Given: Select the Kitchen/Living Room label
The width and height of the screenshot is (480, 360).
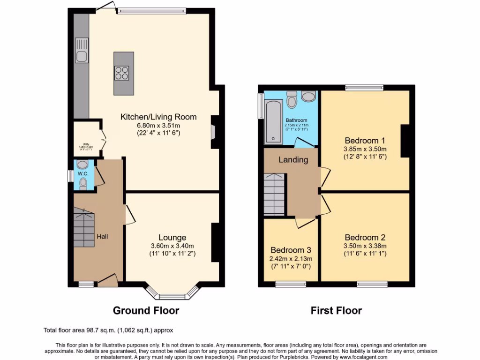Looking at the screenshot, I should [x=158, y=117].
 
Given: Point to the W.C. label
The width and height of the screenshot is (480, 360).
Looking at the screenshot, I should [x=83, y=173].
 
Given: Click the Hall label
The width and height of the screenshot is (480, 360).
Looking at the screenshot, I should [x=102, y=236].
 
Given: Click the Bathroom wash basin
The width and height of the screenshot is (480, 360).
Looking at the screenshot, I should [x=308, y=97].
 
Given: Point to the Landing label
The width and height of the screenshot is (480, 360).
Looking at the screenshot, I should [x=293, y=160].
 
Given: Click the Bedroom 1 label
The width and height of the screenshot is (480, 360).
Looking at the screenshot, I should [x=365, y=140].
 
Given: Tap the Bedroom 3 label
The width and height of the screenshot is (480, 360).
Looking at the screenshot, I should [x=291, y=250].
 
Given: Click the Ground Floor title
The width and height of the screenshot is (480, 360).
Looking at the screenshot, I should [x=146, y=310].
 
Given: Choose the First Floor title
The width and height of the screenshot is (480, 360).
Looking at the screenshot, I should [x=336, y=310].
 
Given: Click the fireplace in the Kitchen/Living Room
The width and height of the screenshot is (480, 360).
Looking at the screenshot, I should [x=214, y=127].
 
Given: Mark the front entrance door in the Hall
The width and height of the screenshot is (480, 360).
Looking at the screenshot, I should [x=107, y=280].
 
